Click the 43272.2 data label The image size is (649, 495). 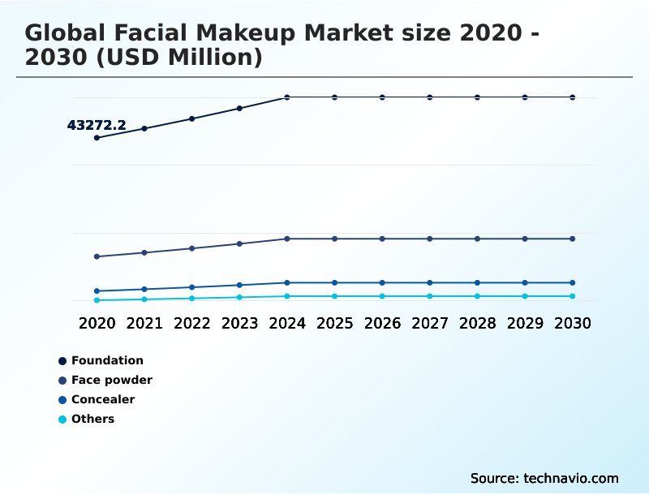pyautogui.click(x=97, y=125)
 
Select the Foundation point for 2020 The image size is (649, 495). pyautogui.click(x=97, y=138)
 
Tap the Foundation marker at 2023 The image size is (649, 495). pyautogui.click(x=239, y=108)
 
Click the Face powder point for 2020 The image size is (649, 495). pyautogui.click(x=97, y=256)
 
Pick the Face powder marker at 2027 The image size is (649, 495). pyautogui.click(x=430, y=239)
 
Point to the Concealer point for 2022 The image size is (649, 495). pyautogui.click(x=192, y=287)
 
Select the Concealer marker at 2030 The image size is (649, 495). pyautogui.click(x=573, y=282)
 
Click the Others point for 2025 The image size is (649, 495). pyautogui.click(x=334, y=296)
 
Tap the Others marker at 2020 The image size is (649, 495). pyautogui.click(x=97, y=300)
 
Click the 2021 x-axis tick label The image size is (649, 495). pyautogui.click(x=144, y=323)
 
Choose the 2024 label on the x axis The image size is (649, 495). pyautogui.click(x=287, y=323)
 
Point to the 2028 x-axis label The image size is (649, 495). pyautogui.click(x=477, y=323)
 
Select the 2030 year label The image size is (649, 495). pyautogui.click(x=573, y=323)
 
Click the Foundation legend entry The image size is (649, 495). pyautogui.click(x=107, y=360)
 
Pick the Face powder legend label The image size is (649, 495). pyautogui.click(x=111, y=380)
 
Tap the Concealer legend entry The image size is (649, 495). pyautogui.click(x=103, y=399)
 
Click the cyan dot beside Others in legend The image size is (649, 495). pyautogui.click(x=62, y=420)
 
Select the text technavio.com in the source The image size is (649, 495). pyautogui.click(x=571, y=478)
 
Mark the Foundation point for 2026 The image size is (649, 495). pyautogui.click(x=382, y=97)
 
